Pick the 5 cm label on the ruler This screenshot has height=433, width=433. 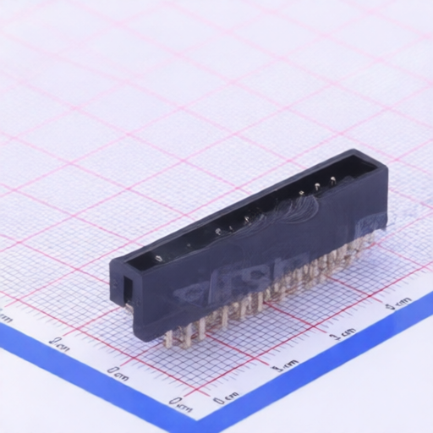398,302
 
